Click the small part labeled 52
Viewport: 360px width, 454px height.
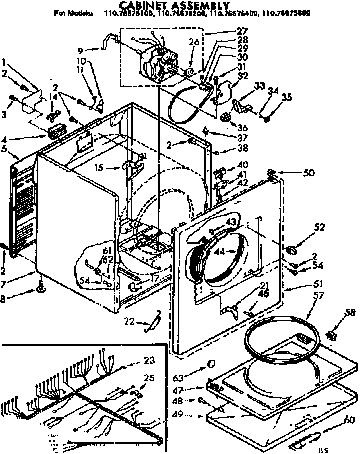coord(292,248)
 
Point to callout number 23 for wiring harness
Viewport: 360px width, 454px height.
coord(149,359)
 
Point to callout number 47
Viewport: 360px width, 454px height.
coord(192,389)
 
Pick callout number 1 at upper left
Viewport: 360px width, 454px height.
coord(4,63)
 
